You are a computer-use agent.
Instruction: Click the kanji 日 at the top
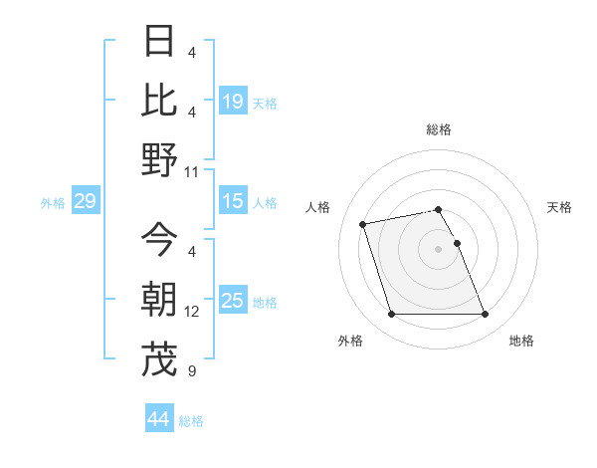pos(160,43)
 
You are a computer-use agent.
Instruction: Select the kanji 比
pos(160,101)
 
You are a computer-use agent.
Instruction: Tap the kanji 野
pos(160,159)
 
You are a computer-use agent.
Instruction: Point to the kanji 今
pos(160,240)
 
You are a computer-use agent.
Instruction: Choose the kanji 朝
pos(160,300)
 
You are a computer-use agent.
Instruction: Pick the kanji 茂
pos(160,359)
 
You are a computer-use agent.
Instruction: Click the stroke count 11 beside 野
pos(192,171)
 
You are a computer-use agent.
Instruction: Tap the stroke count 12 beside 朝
pos(192,312)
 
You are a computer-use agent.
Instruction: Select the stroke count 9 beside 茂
pos(192,371)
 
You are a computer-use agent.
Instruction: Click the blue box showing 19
pos(233,101)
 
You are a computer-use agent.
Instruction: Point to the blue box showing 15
pos(233,201)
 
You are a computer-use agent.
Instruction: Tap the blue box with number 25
pos(233,301)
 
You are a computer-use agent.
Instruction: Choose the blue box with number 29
pos(85,202)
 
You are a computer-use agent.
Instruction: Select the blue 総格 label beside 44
pos(191,421)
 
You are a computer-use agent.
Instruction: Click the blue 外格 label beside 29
pos(53,203)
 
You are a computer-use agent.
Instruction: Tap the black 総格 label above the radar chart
pos(438,129)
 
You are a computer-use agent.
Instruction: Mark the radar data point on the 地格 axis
pos(485,315)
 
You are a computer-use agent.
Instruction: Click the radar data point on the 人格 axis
pos(363,223)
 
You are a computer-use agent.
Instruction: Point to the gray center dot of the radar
pos(438,248)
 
